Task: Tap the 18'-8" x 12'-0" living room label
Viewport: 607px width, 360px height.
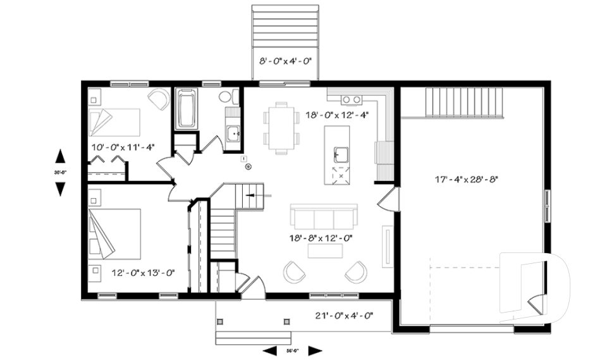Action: click(x=321, y=238)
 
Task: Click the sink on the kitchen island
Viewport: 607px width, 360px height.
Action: click(x=341, y=152)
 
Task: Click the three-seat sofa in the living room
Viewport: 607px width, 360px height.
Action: click(x=324, y=217)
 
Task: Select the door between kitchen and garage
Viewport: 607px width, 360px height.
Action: click(x=388, y=202)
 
